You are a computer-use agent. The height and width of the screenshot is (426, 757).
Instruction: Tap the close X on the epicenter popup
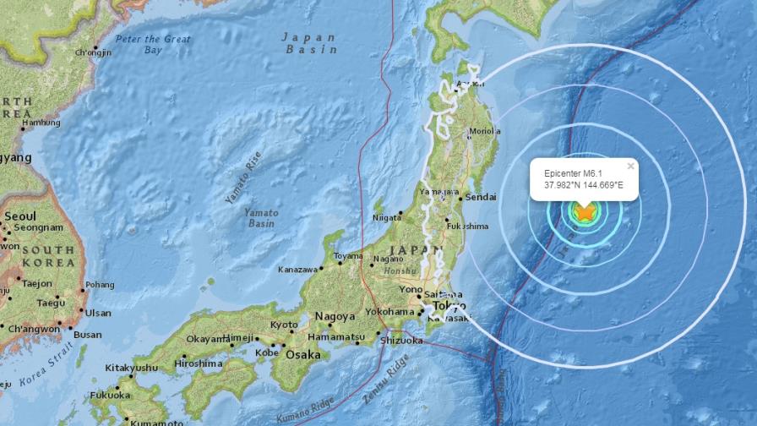click(630, 167)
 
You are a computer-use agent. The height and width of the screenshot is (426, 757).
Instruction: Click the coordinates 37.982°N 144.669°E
click(584, 186)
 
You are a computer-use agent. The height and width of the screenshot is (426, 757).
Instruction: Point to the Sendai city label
click(480, 197)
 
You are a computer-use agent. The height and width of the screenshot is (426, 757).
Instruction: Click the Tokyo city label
click(449, 305)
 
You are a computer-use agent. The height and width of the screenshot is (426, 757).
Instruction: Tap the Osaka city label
click(302, 355)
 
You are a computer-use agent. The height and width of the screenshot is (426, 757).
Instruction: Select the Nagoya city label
click(335, 316)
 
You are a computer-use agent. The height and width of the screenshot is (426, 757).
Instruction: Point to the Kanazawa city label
click(297, 270)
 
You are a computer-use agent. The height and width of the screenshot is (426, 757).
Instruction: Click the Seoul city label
click(19, 216)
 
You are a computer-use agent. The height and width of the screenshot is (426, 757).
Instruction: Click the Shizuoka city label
click(400, 341)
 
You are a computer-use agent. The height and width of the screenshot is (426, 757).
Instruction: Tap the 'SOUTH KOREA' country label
click(48, 256)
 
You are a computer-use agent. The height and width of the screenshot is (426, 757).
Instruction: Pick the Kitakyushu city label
click(131, 368)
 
